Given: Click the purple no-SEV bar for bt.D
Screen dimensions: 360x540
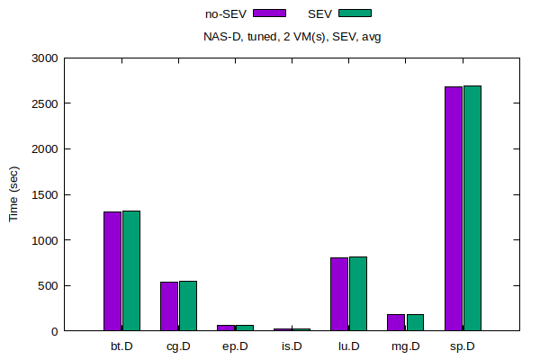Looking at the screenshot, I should point(112,271).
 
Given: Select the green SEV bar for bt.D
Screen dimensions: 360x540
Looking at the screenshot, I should point(131,271).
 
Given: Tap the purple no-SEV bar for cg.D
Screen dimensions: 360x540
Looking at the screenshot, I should point(169,306).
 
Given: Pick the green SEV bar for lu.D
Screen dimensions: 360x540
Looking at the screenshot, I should point(358,293).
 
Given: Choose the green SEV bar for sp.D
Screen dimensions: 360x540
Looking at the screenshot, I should point(472,208).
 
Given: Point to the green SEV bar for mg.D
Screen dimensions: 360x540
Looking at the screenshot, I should point(415,322).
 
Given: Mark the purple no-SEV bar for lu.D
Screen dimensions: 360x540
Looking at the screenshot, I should point(339,294).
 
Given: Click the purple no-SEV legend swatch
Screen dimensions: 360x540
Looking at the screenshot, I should point(270,13).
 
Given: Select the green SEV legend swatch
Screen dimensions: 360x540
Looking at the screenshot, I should point(355,13).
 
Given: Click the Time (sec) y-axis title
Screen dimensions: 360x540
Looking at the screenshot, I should point(13,194).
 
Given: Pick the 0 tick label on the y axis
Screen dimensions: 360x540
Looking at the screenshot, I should point(54,332).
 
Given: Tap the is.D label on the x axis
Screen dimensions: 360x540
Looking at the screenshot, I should point(292,346).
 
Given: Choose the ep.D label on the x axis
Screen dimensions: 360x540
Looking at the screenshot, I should point(235,346).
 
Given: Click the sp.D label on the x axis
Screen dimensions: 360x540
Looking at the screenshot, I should point(462,346).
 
